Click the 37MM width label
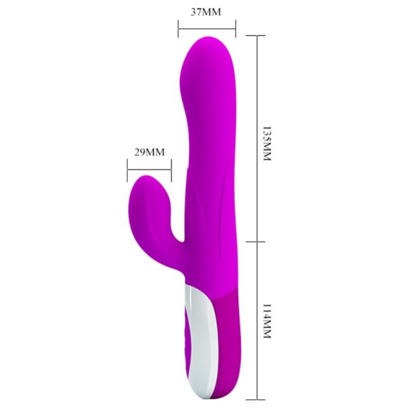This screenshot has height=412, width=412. coord(206,11)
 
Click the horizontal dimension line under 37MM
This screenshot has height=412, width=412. coord(207,28)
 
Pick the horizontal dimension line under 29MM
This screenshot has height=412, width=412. coord(149,170)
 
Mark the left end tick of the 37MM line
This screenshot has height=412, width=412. coord(178,28)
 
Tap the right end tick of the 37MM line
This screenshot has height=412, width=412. coord(236,28)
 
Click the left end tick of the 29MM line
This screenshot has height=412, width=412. coord(127,170)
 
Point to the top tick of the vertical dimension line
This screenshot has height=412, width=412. coord(257,36)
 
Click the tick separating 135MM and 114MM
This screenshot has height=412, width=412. coord(257,240)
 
